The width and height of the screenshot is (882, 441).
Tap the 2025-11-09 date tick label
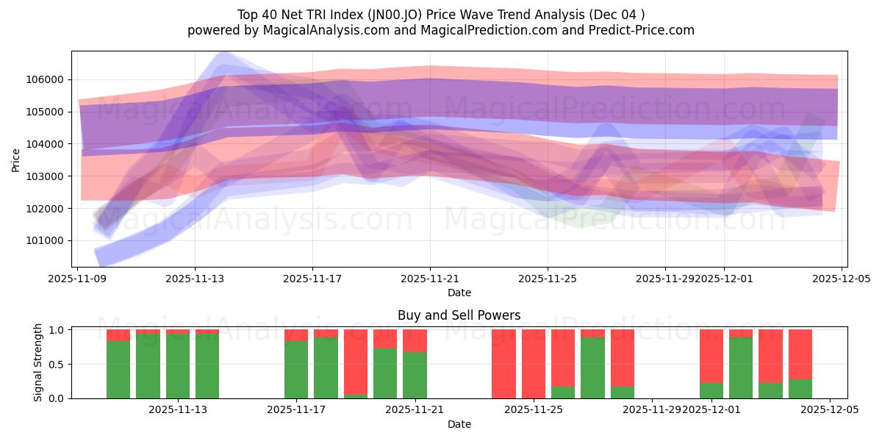pos(77,279)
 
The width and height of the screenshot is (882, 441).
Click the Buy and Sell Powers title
pos(459,315)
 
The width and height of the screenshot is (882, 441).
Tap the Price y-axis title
pos(16,159)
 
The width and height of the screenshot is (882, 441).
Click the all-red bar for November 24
pos(503,364)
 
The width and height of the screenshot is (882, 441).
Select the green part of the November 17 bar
pos(296,370)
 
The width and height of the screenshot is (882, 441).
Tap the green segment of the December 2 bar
pos(741,367)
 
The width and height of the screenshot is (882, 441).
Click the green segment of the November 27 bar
pos(592,367)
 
